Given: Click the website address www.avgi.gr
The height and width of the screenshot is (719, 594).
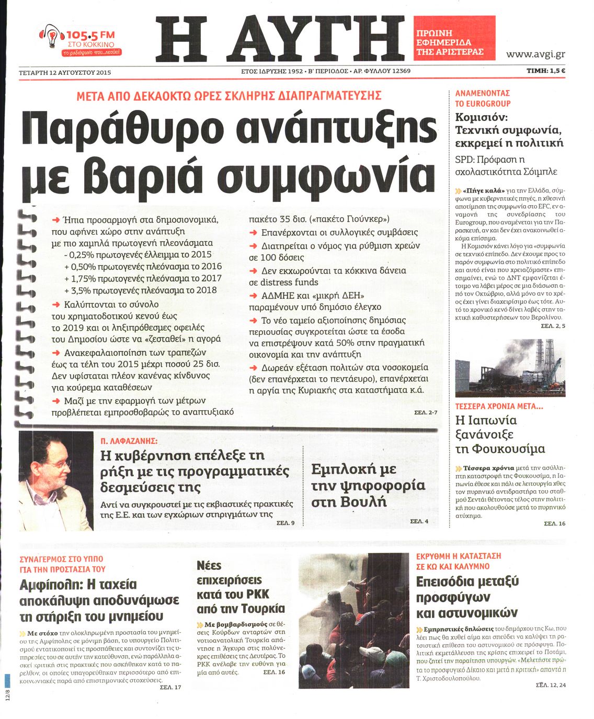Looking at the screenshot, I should pyautogui.click(x=535, y=54).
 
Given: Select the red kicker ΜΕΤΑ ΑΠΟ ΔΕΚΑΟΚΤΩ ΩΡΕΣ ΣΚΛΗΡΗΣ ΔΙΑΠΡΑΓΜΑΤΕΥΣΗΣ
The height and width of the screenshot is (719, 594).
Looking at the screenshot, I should pyautogui.click(x=229, y=96).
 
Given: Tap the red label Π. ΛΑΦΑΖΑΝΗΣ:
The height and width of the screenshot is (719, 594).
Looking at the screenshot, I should pyautogui.click(x=129, y=441).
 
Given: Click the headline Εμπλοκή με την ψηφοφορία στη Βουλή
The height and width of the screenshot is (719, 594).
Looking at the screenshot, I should pyautogui.click(x=368, y=485).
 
